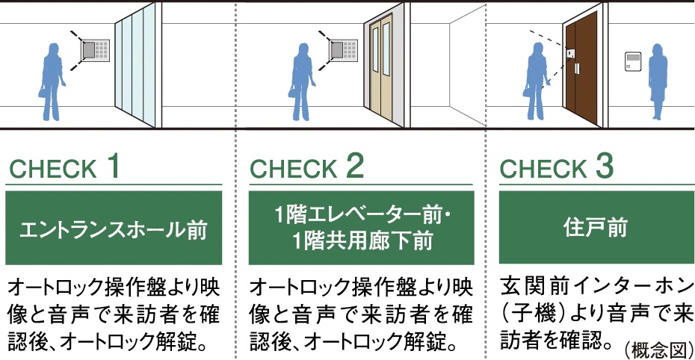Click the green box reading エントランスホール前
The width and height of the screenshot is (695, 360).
pyautogui.click(x=114, y=228)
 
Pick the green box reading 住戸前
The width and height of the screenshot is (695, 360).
pyautogui.click(x=596, y=227)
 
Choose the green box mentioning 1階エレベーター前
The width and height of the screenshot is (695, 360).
pyautogui.click(x=361, y=228)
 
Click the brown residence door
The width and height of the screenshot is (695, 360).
pyautogui.click(x=581, y=68)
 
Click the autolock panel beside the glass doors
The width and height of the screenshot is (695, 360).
pyautogui.click(x=96, y=49)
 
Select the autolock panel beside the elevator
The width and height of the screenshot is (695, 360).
pyautogui.click(x=344, y=49)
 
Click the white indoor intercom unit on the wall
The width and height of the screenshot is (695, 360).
pyautogui.click(x=633, y=61)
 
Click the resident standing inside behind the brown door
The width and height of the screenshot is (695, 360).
pyautogui.click(x=658, y=82)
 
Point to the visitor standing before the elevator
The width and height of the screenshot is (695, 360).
pyautogui.click(x=303, y=82)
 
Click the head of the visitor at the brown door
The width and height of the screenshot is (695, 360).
pyautogui.click(x=537, y=49)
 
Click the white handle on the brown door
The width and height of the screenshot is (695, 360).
pyautogui.click(x=577, y=69)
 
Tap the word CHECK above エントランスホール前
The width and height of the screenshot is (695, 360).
pyautogui.click(x=53, y=169)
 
